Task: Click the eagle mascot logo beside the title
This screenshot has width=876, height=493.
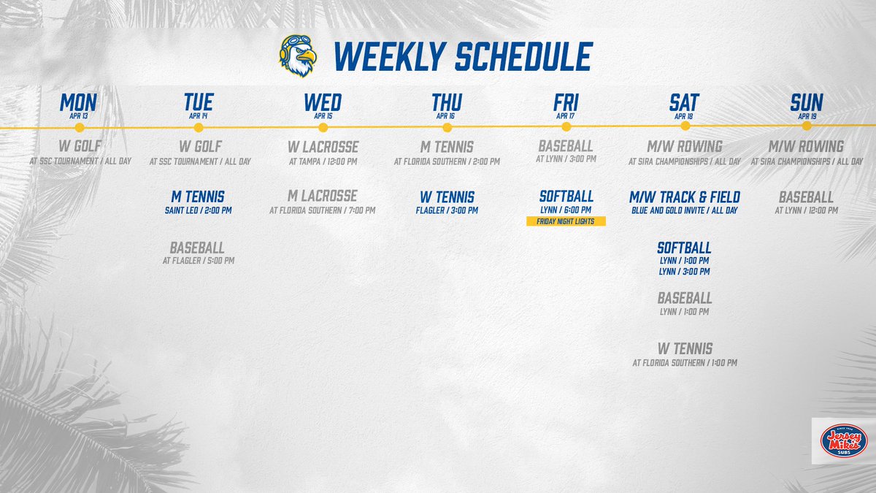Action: pos(296,56)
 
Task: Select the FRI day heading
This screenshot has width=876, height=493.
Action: pos(566,103)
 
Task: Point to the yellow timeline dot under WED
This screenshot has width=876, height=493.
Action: pos(323,127)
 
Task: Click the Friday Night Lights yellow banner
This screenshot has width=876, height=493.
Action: pos(566,221)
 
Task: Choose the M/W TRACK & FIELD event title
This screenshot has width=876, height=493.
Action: pos(684,197)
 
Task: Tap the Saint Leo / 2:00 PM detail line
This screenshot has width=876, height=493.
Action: pos(197,210)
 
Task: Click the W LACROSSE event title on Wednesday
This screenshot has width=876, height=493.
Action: pos(323,147)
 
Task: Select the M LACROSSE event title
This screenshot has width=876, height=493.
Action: pos(323,196)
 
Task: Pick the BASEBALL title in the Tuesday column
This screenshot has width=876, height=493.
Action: pos(197,248)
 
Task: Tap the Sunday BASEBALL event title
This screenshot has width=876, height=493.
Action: pos(806,197)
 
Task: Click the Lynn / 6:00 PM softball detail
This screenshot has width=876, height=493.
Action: pos(566,210)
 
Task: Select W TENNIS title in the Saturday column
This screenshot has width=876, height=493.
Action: pos(684,348)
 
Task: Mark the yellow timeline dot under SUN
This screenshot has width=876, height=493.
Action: pos(806,126)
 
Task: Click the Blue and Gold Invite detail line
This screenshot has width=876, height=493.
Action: pos(684,210)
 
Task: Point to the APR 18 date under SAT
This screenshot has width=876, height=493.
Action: pos(684,115)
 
